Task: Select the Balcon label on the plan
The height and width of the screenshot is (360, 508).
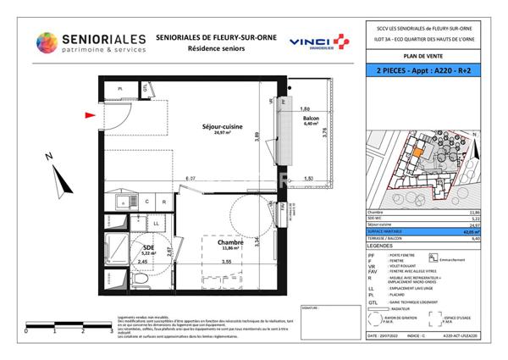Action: click(310, 120)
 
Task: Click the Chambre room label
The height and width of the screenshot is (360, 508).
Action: click(231, 244)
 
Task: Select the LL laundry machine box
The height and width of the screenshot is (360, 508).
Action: click(157, 224)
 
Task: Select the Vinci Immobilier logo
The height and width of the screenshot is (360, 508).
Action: click(318, 42)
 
